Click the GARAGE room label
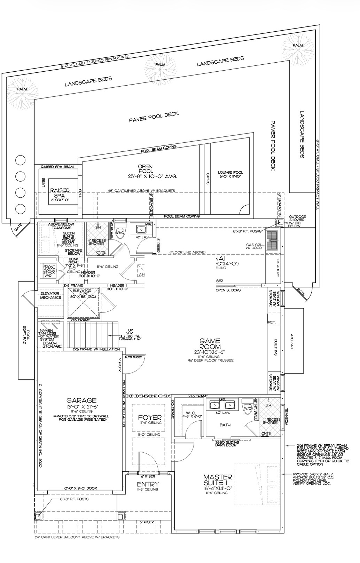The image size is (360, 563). (x=81, y=401)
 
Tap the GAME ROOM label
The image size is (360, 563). (x=210, y=344)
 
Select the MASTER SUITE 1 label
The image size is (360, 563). (x=218, y=480)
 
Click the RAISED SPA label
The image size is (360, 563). (x=60, y=193)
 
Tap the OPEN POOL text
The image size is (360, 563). (x=145, y=169)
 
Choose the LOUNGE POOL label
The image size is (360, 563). (x=230, y=173)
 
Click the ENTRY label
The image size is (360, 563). (x=148, y=484)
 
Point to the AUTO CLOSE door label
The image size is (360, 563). (x=132, y=357)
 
